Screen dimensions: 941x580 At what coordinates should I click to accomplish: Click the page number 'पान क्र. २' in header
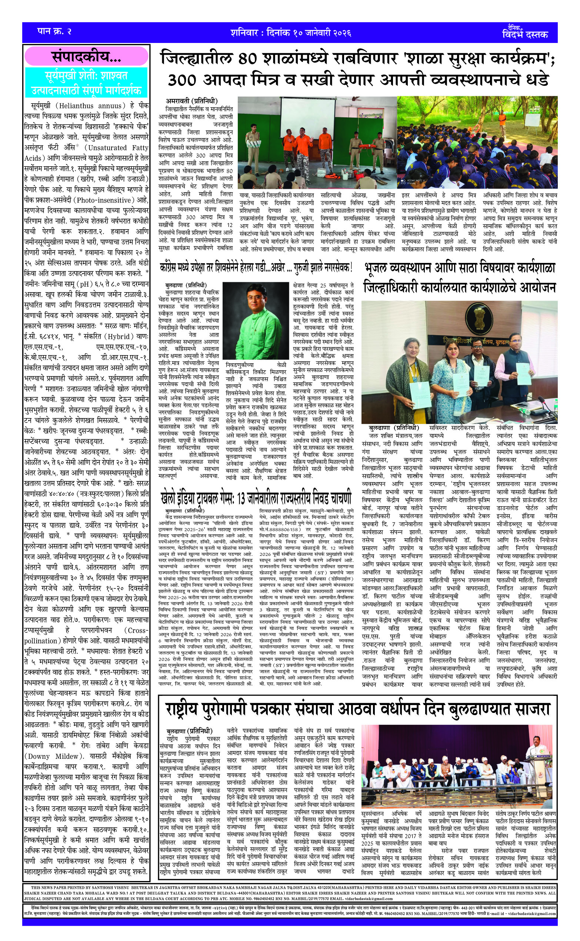tap(54, 31)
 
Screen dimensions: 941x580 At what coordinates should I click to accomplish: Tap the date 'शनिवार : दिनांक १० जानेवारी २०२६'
tap(291, 32)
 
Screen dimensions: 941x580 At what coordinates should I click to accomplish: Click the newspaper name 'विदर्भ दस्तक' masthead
tap(525, 34)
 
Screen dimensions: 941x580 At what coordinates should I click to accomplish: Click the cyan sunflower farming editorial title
tap(86, 83)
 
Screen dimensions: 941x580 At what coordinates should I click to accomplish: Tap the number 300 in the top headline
tap(182, 80)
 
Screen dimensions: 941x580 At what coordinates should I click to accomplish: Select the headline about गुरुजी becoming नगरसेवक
tap(256, 267)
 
